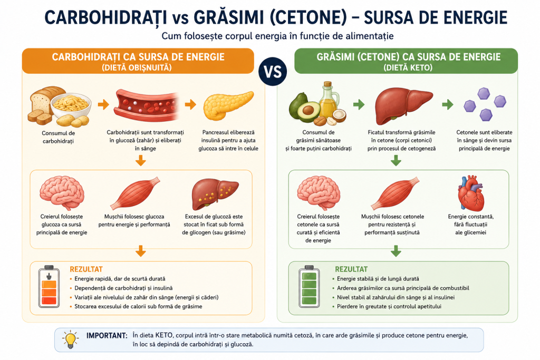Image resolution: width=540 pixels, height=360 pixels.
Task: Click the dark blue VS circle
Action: click(273, 72)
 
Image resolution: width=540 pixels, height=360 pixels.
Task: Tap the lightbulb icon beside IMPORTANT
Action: click(71, 339)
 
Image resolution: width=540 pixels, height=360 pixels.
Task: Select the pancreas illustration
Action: click(228, 105)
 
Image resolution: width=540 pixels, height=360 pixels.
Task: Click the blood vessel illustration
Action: click(147, 105)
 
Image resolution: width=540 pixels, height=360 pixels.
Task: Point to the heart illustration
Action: click(471, 193)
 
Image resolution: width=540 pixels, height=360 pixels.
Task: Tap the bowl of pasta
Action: click(71, 105)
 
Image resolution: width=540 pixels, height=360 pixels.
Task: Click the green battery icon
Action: click(309, 286)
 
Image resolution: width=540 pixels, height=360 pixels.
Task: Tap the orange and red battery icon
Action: click(49, 286)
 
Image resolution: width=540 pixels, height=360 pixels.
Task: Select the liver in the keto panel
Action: click(403, 105)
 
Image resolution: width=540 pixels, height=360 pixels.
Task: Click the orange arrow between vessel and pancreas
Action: click(190, 104)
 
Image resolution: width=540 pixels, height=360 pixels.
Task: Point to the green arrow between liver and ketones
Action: click(447, 104)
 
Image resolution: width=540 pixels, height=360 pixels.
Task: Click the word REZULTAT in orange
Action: click(86, 269)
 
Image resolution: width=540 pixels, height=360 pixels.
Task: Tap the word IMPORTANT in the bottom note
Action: click(107, 336)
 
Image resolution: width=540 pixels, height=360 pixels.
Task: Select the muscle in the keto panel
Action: click(394, 193)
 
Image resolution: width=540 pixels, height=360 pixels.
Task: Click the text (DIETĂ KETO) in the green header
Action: click(408, 67)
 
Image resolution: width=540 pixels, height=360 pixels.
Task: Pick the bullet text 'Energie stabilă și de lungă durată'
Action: click(378, 279)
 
